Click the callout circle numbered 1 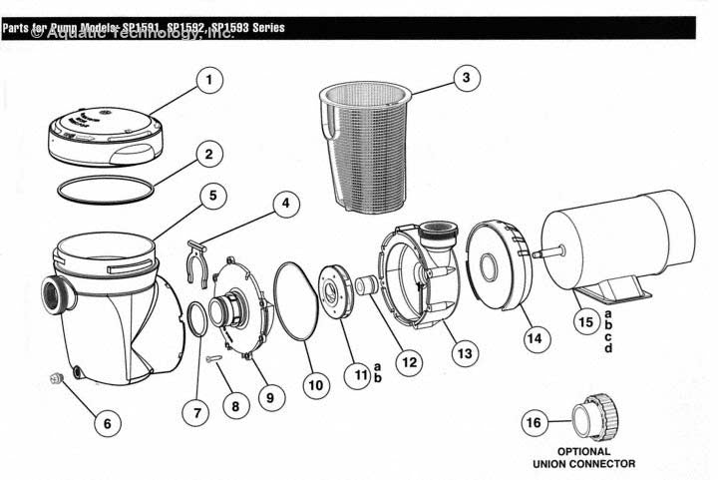pyautogui.click(x=207, y=80)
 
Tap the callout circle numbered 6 pyautogui.click(x=108, y=422)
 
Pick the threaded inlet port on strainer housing pyautogui.click(x=54, y=295)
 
